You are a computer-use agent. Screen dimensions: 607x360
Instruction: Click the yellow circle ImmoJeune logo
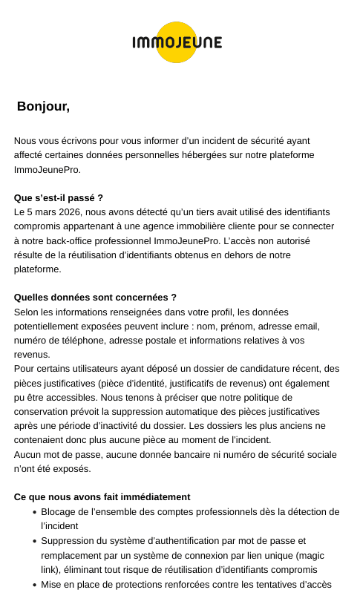[x=177, y=42]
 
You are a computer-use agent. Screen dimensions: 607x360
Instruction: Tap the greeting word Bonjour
[x=42, y=106]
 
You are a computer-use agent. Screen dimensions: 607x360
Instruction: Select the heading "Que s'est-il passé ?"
[x=59, y=197]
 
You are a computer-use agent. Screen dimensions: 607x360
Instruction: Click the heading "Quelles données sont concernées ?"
[x=95, y=297]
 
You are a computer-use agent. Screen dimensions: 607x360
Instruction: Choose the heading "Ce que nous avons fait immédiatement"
[x=102, y=496]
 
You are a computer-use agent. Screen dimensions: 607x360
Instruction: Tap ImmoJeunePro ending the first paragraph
[x=47, y=169]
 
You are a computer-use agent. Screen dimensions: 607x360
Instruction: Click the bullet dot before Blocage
[x=35, y=512]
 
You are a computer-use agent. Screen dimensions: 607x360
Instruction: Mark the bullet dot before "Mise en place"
[x=35, y=585]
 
